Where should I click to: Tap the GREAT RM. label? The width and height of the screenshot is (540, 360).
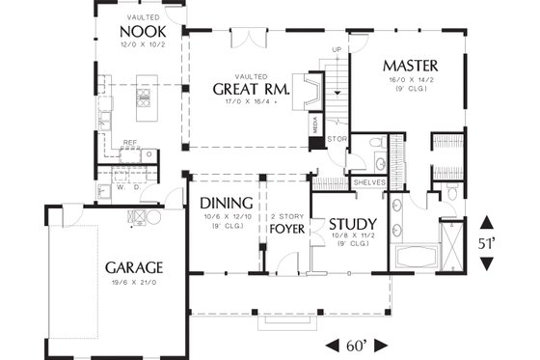tap(245, 89)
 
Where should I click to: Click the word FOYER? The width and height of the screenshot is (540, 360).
tap(286, 230)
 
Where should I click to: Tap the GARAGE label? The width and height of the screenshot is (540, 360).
tap(133, 266)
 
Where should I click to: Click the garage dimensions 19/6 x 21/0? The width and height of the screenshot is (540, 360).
tap(134, 283)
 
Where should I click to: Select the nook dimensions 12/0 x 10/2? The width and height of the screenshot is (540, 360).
tap(144, 44)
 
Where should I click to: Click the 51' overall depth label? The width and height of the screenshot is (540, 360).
tap(487, 242)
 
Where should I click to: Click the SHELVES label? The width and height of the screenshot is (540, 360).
tap(368, 181)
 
